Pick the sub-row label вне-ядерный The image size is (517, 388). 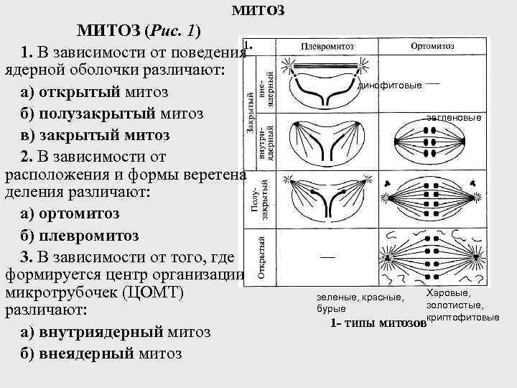[267, 85]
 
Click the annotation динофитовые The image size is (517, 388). [390, 86]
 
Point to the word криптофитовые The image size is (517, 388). [462, 317]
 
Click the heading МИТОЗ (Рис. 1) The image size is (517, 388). [139, 31]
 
